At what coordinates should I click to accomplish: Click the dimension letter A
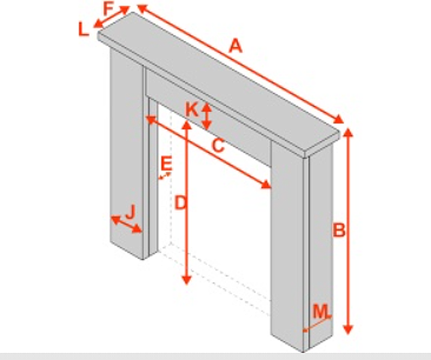point(236,46)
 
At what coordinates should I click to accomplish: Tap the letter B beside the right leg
point(339,230)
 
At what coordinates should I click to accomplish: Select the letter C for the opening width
point(219,145)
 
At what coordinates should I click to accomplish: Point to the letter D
point(181,203)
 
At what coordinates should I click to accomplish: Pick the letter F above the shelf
point(109,9)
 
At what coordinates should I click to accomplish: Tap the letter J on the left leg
point(130,212)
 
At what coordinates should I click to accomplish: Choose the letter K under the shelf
point(192,110)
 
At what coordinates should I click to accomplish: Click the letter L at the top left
point(84,29)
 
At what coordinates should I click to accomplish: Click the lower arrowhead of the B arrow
point(348,329)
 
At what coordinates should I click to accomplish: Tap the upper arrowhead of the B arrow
point(348,133)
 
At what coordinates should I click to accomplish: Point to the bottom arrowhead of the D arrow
point(187,280)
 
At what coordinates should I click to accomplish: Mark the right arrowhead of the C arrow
point(266,185)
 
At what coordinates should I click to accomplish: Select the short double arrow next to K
point(207,116)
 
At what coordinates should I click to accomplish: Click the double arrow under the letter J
point(126,224)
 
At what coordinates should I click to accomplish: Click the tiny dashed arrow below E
point(165,176)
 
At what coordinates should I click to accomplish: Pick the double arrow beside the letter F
point(112,17)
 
